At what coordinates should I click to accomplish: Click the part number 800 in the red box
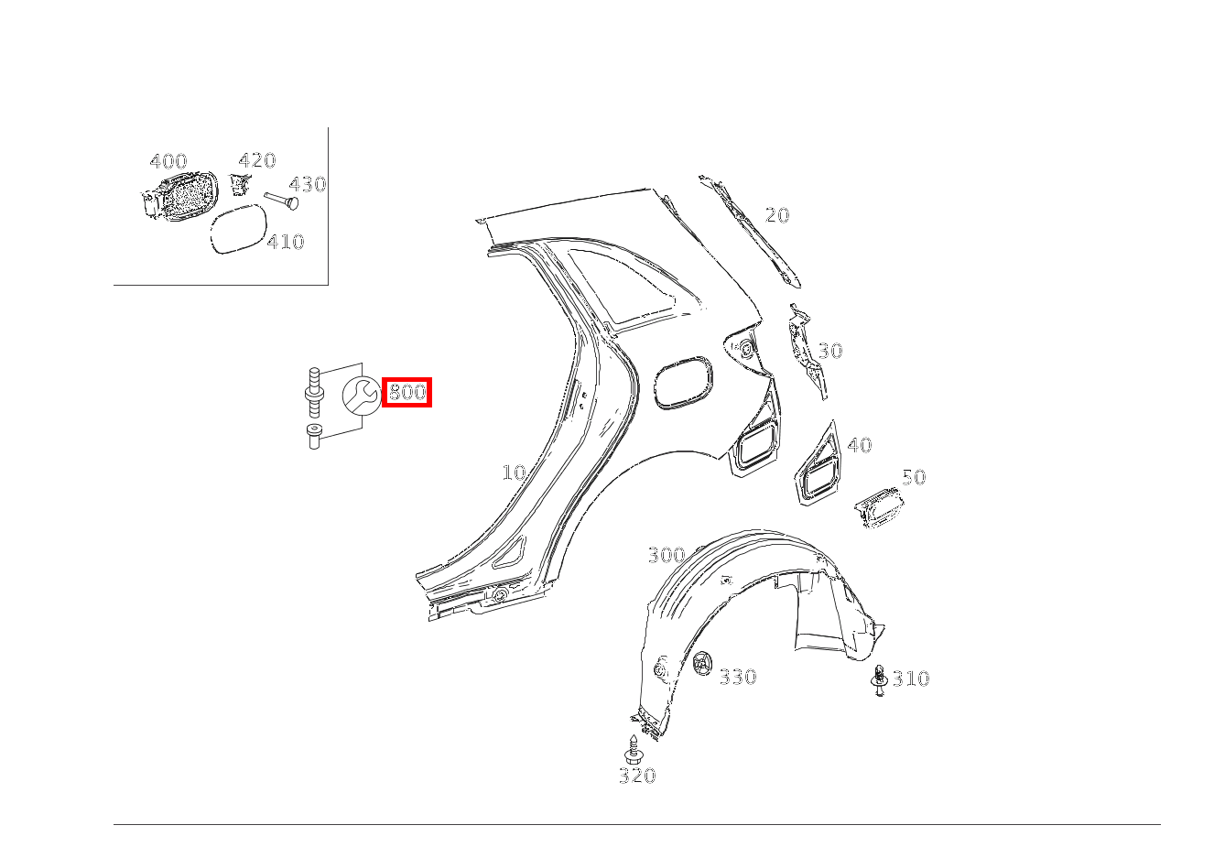tap(407, 391)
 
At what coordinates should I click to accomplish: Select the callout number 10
tap(514, 472)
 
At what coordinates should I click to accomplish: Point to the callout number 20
tap(777, 215)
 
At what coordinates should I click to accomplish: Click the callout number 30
tap(830, 351)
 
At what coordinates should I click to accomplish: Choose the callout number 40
tap(860, 445)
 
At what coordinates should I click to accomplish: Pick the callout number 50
tap(914, 477)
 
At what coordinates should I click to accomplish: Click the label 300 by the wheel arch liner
tap(667, 555)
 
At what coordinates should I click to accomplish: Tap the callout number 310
tap(911, 678)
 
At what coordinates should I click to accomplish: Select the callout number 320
tap(637, 776)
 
